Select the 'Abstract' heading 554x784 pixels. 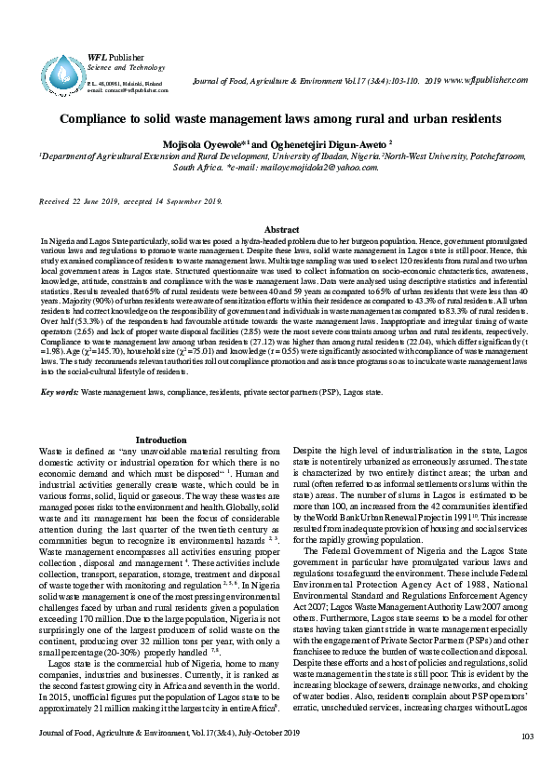282,229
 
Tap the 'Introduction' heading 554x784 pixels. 162,439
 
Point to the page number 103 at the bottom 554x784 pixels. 527,764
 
